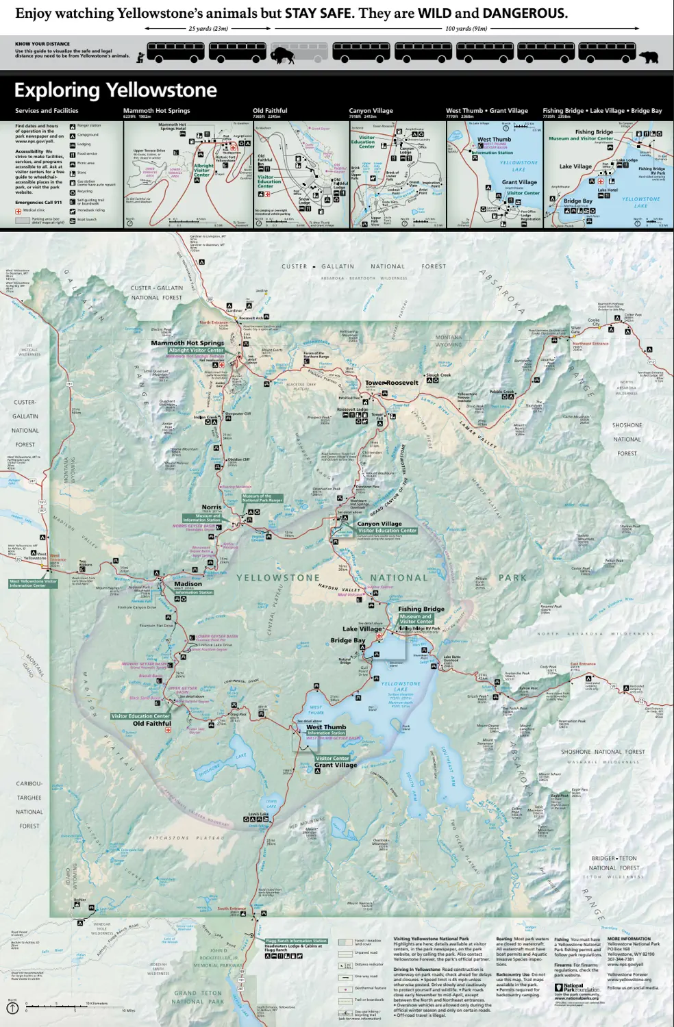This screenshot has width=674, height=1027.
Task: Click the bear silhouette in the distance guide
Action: [x=648, y=57]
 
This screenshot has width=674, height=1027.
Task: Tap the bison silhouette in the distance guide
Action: [x=282, y=55]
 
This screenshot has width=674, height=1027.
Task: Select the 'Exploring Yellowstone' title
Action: [x=115, y=90]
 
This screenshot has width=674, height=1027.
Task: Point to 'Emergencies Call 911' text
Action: [x=38, y=202]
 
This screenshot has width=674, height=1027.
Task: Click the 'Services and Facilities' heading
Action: [x=47, y=111]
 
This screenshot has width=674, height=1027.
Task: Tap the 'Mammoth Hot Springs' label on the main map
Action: [x=187, y=342]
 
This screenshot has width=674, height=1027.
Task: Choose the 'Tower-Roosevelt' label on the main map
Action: [x=391, y=383]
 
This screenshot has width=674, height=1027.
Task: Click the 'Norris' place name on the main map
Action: [x=212, y=507]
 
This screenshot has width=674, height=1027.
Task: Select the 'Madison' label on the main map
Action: [x=188, y=584]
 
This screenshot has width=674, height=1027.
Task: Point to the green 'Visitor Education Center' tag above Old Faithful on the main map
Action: [x=140, y=716]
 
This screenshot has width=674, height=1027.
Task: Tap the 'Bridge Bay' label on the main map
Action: [x=347, y=640]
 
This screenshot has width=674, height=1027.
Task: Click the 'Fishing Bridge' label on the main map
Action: [x=421, y=609]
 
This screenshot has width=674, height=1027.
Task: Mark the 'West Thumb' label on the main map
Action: [x=326, y=727]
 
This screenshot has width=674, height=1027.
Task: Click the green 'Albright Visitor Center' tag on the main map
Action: [x=196, y=350]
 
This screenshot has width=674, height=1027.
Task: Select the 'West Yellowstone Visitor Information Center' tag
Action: [x=33, y=583]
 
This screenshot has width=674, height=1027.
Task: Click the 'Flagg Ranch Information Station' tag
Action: [x=297, y=941]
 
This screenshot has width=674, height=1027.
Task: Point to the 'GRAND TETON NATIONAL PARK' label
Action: [x=198, y=997]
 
